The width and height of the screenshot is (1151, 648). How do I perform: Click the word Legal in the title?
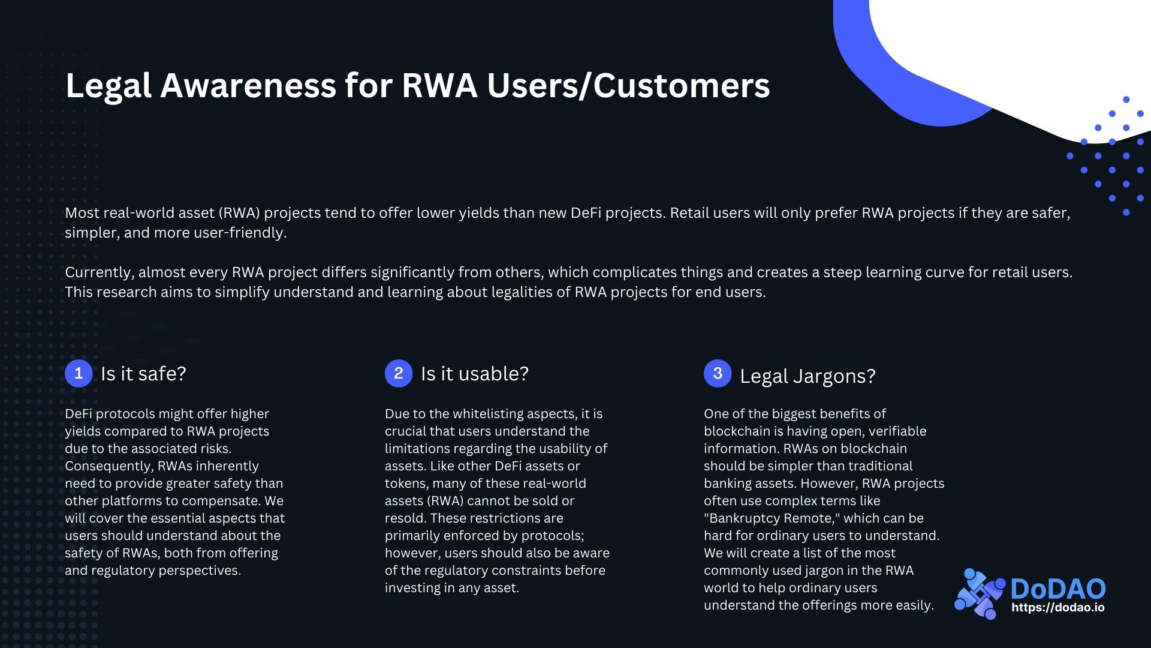tap(108, 86)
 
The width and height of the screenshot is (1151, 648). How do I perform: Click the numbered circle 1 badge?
tap(79, 373)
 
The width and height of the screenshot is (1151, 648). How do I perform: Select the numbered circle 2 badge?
tap(399, 373)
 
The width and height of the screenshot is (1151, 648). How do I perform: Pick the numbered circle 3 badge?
tap(718, 373)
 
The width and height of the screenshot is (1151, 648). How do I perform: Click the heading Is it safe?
tap(143, 374)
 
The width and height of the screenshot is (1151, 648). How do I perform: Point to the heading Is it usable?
tap(475, 374)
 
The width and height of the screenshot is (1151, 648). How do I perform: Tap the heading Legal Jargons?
tap(807, 376)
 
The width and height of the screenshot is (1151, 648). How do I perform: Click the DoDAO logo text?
tap(1058, 589)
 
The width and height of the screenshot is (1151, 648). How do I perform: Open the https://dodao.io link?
tap(1058, 607)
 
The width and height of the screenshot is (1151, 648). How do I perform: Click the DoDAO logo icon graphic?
tap(979, 593)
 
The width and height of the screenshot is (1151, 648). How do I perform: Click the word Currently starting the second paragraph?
tap(99, 272)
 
